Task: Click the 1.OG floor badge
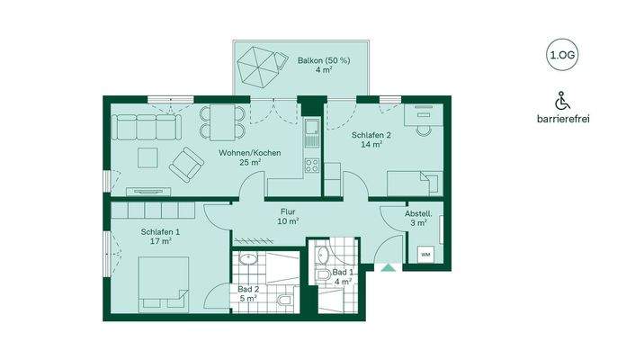(x=561, y=56)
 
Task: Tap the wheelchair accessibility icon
(x=561, y=99)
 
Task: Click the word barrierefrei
(x=561, y=119)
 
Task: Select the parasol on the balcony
(x=257, y=66)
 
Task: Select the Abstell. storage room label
(x=417, y=218)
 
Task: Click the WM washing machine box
(x=425, y=255)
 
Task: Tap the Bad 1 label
(x=342, y=276)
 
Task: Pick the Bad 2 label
(x=248, y=294)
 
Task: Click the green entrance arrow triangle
(x=387, y=266)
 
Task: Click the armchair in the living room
(x=187, y=163)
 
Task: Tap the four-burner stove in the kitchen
(x=313, y=166)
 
